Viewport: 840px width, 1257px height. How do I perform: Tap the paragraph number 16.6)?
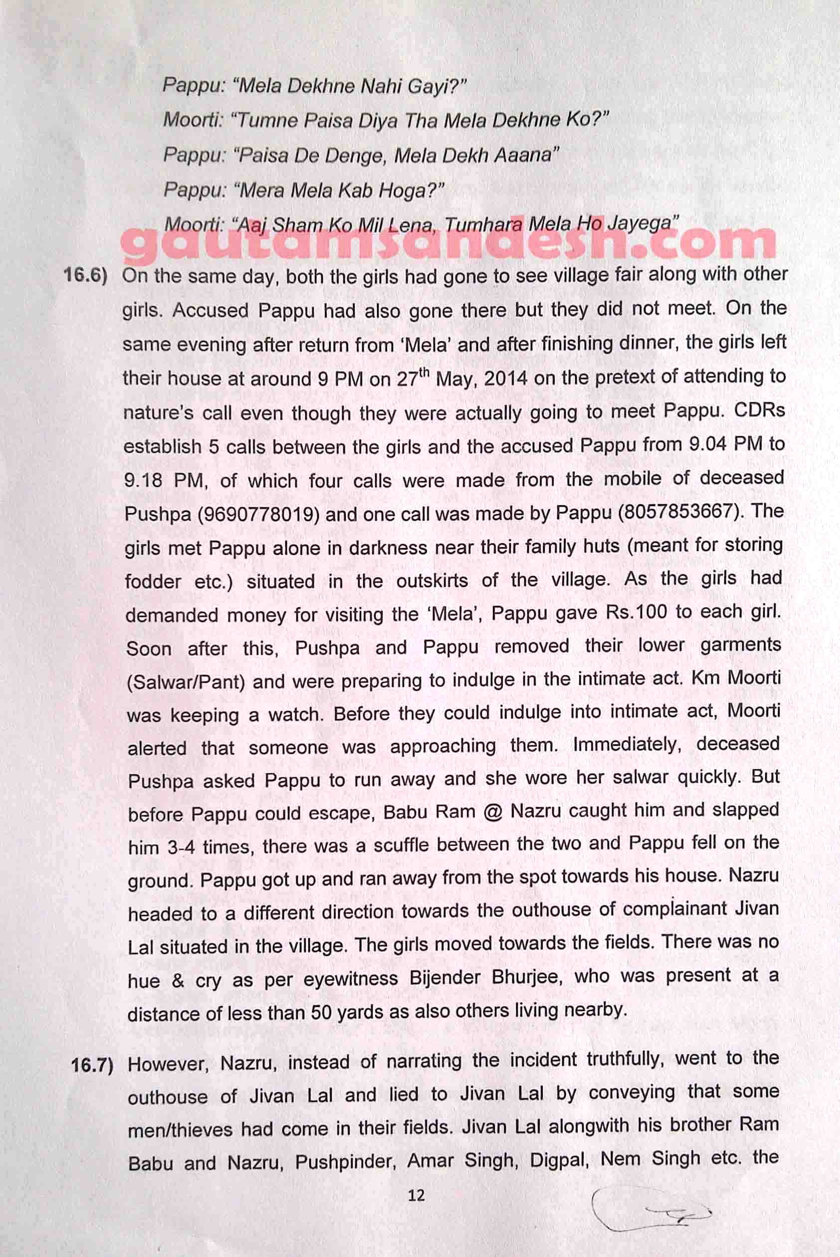click(86, 276)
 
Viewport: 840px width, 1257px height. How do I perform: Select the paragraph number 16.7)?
click(92, 1065)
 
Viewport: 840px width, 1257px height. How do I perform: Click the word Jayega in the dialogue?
click(643, 222)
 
